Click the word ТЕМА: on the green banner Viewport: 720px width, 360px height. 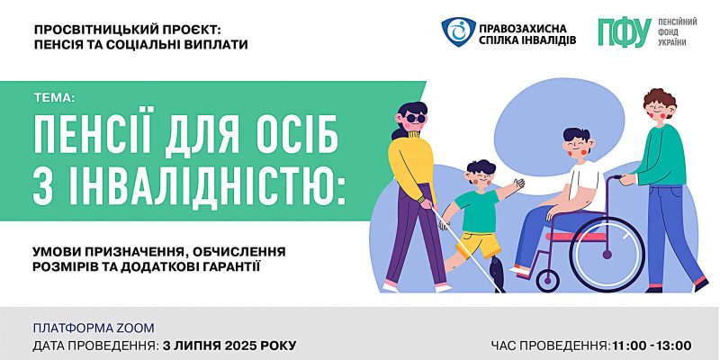[x=47, y=98]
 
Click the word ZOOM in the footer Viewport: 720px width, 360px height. [x=135, y=327]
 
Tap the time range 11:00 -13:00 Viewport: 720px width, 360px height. [x=651, y=345]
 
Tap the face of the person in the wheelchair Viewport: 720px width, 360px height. [x=577, y=145]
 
